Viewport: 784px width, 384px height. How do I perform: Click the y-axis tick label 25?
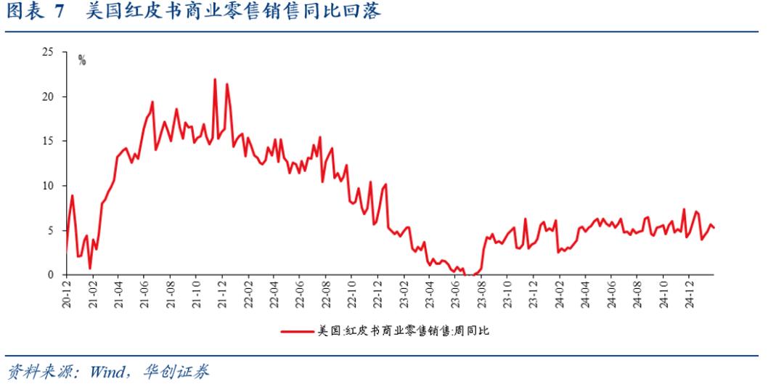point(48,52)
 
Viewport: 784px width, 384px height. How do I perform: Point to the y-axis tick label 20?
point(48,97)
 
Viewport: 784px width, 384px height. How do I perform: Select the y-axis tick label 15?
point(48,141)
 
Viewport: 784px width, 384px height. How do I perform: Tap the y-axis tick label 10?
point(48,186)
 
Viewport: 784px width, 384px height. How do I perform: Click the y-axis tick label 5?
point(51,230)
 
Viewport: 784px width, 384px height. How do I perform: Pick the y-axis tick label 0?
point(51,275)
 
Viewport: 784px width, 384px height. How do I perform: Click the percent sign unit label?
point(82,60)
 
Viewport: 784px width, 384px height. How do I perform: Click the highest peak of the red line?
point(215,79)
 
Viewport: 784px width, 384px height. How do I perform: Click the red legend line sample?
point(298,331)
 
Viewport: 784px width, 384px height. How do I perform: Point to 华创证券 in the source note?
point(182,372)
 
